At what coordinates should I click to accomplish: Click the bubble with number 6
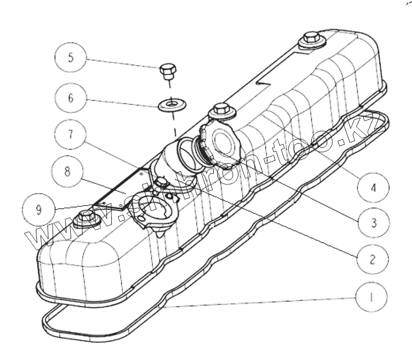point(71,99)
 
